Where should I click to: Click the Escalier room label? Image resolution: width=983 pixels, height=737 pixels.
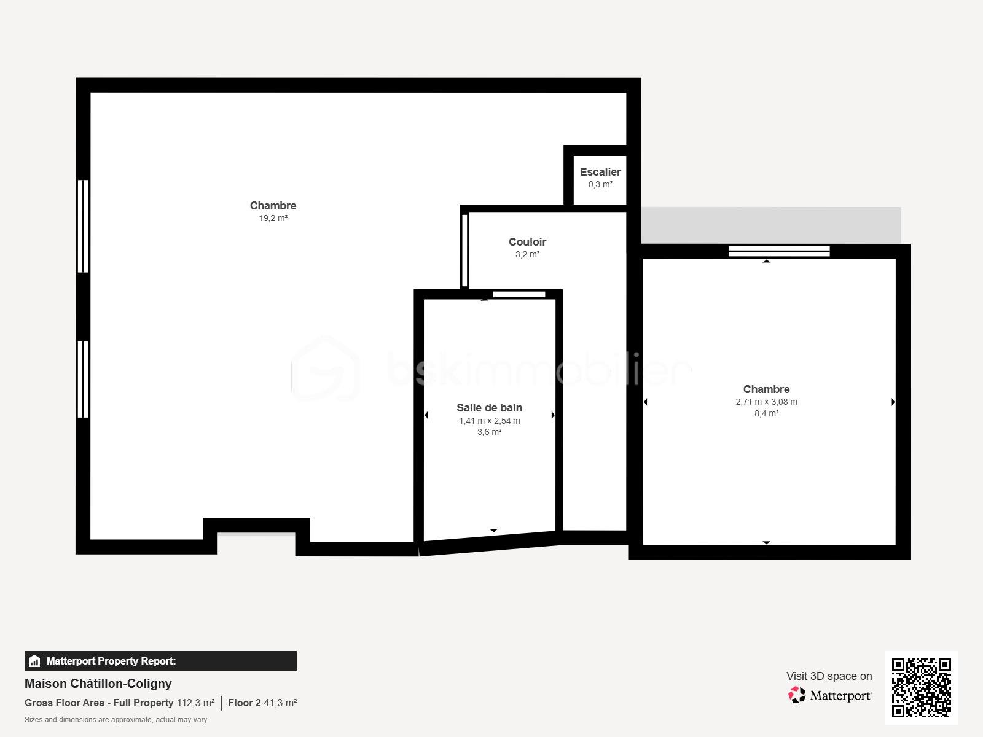pos(600,172)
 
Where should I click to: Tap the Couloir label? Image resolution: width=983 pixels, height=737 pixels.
pos(527,242)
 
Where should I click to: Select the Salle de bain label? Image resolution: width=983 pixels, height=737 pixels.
pos(489,408)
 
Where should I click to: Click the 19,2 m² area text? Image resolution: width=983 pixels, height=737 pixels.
pos(273,218)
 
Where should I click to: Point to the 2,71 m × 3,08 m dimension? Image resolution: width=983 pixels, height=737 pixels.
pos(766,402)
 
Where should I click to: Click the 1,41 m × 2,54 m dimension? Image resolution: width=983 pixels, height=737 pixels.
pos(489,421)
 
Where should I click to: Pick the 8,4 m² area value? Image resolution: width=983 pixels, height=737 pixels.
pos(766,413)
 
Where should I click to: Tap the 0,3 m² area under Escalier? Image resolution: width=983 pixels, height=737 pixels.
pos(600,184)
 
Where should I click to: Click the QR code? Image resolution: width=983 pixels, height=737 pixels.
pos(921,687)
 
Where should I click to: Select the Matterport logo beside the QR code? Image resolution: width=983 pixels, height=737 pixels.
pos(831,695)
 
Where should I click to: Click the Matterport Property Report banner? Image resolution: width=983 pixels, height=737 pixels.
pos(160,661)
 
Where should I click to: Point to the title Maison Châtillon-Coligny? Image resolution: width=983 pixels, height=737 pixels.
pos(98,684)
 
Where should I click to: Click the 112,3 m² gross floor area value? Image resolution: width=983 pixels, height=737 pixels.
pos(195,703)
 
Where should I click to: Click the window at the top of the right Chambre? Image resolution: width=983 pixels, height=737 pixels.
pos(779,251)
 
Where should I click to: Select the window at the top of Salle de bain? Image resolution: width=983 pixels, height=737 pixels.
pos(519,295)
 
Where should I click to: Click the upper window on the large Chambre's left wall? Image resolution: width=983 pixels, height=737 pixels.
pos(83,225)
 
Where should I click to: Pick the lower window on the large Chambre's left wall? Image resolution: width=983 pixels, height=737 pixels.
pos(83,380)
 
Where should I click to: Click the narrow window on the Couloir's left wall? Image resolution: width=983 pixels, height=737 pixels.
pos(464,250)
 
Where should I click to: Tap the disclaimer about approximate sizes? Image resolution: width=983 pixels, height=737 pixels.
pos(116,720)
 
